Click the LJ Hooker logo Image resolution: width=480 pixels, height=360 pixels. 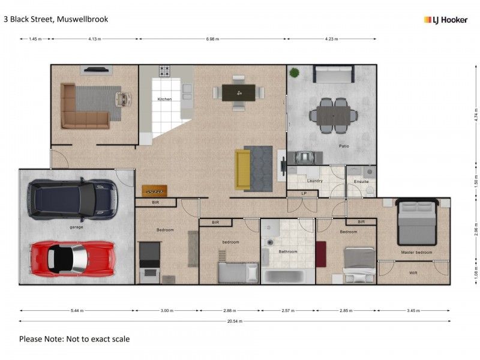click(445, 20)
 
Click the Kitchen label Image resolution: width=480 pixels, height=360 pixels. click(164, 99)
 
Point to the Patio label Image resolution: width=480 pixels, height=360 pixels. click(343, 146)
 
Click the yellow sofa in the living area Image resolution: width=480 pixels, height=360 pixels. click(242, 169)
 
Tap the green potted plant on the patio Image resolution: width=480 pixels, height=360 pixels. click(294, 73)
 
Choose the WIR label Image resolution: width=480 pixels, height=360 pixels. click(413, 272)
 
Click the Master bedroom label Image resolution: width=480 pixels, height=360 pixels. click(416, 252)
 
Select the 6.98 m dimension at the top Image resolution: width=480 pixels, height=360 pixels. click(212, 39)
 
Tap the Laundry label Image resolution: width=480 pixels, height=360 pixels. click(315, 180)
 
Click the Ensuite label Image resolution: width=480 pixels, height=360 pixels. click(361, 180)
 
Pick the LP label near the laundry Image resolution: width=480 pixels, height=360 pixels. click(304, 193)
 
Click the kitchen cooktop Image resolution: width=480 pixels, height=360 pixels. click(165, 71)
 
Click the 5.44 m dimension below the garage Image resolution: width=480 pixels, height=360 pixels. click(77, 311)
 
